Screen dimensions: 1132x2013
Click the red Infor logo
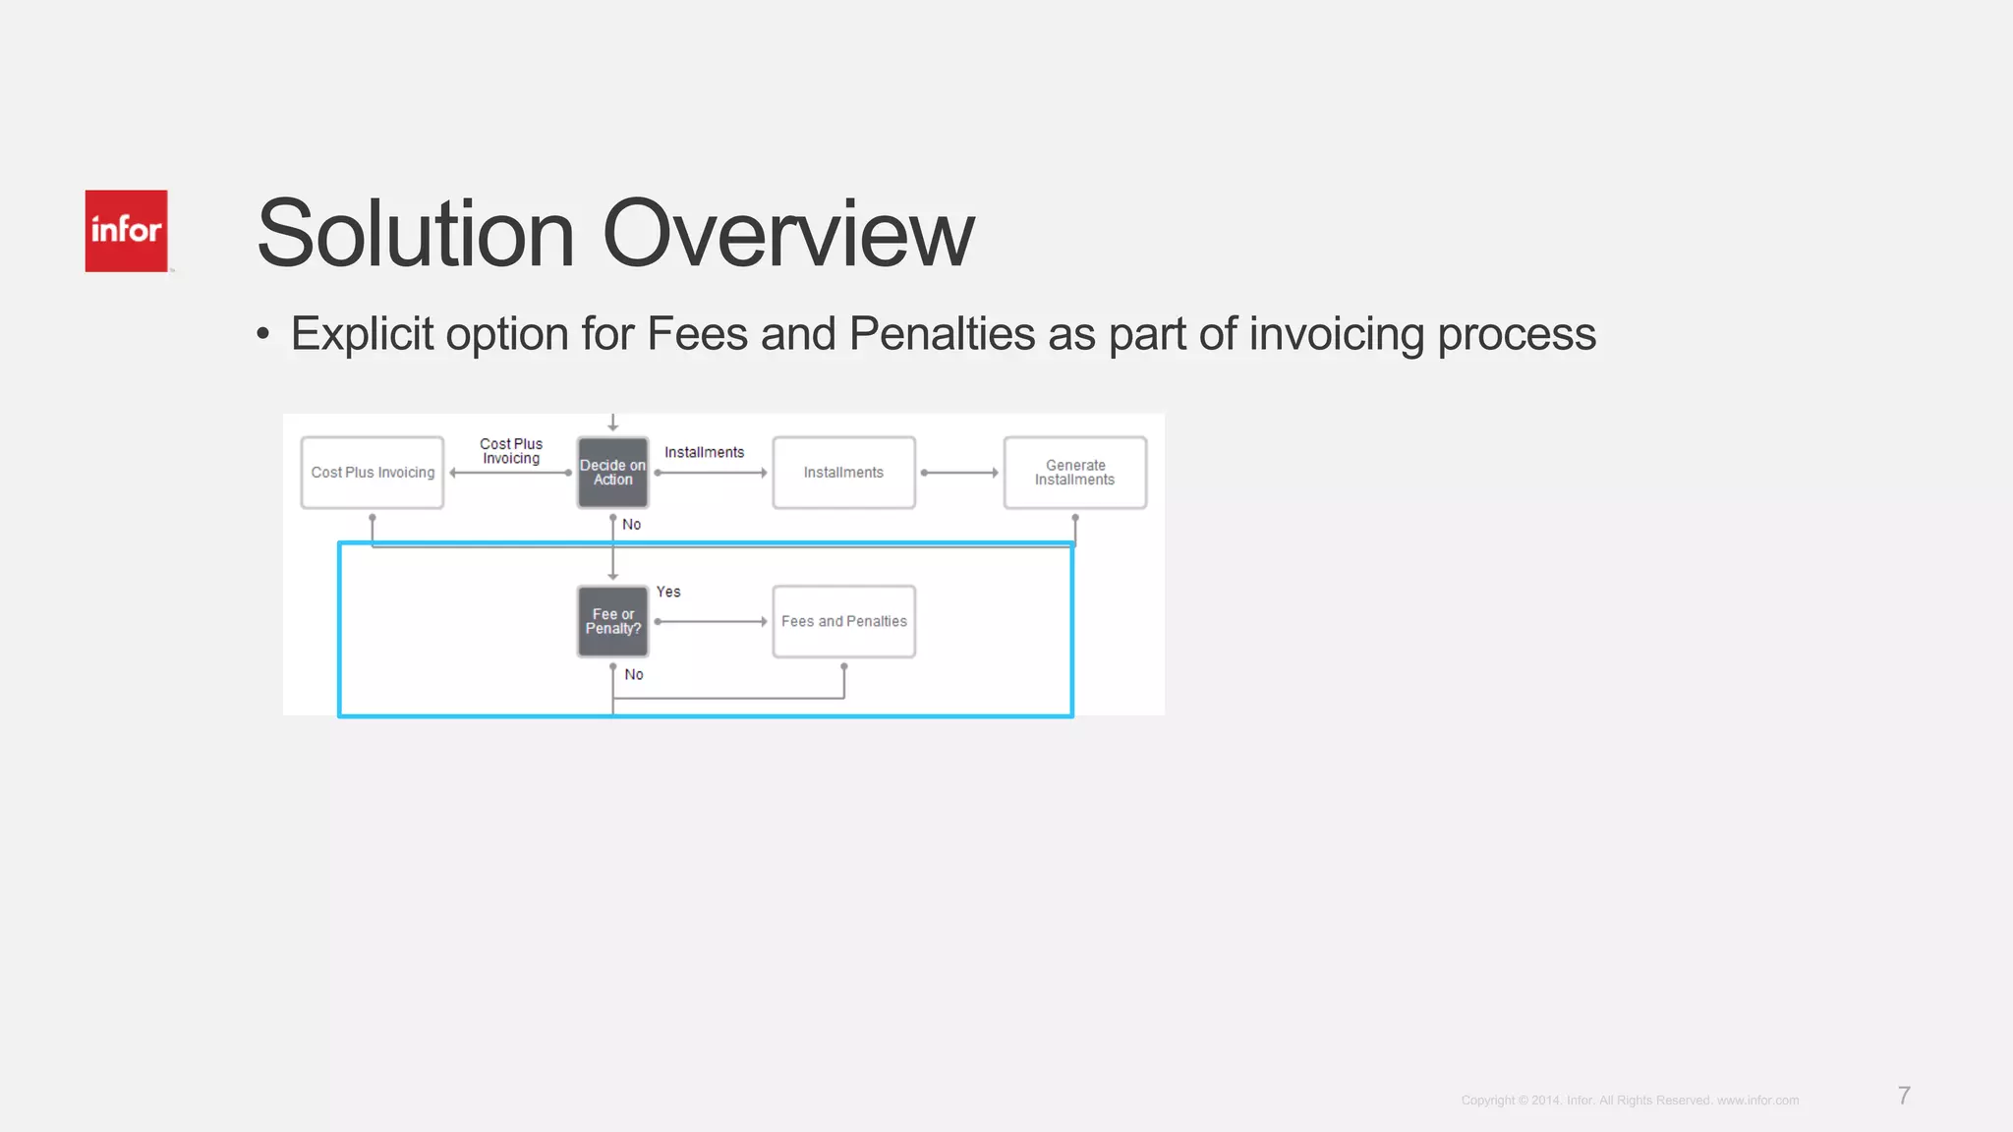[126, 231]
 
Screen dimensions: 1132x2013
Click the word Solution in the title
[415, 235]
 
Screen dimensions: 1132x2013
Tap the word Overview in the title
[787, 235]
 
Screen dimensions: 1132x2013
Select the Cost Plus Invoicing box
[373, 473]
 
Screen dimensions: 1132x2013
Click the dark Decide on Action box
[612, 473]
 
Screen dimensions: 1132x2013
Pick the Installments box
[843, 473]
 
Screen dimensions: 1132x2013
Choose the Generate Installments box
[1074, 473]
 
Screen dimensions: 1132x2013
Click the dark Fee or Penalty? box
[612, 622]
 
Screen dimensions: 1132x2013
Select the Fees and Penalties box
[843, 622]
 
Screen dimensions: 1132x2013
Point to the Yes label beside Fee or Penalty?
[668, 592]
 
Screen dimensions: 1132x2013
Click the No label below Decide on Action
[631, 525]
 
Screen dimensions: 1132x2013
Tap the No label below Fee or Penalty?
[634, 674]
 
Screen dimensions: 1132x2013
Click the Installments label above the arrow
[704, 452]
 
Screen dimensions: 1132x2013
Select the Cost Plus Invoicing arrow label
[511, 451]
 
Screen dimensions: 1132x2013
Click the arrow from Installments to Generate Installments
[959, 473]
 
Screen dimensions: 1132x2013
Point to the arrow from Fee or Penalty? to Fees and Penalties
[710, 622]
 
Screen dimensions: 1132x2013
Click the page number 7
[1904, 1096]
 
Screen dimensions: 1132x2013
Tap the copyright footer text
[1630, 1101]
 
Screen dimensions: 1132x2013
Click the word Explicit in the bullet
[361, 334]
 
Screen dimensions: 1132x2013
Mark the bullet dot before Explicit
[262, 335]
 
